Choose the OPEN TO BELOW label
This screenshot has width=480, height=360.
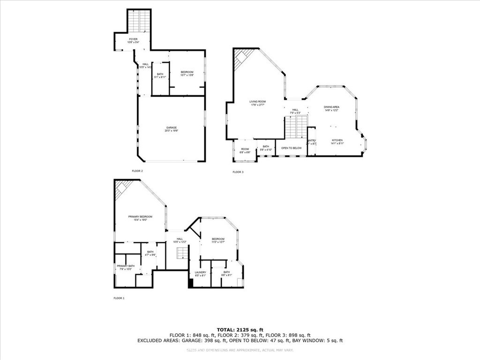tap(291, 148)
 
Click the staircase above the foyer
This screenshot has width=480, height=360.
tap(139, 21)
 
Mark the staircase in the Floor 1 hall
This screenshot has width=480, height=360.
tap(182, 253)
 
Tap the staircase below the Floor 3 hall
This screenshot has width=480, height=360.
tap(296, 127)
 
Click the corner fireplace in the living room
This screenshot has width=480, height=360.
tap(243, 58)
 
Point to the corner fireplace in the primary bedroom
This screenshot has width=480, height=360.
tap(123, 189)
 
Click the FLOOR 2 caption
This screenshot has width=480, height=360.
tap(137, 171)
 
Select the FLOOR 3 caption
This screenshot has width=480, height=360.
tap(238, 172)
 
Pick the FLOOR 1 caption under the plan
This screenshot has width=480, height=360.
tap(119, 298)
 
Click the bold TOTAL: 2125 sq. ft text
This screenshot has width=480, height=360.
tap(240, 330)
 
